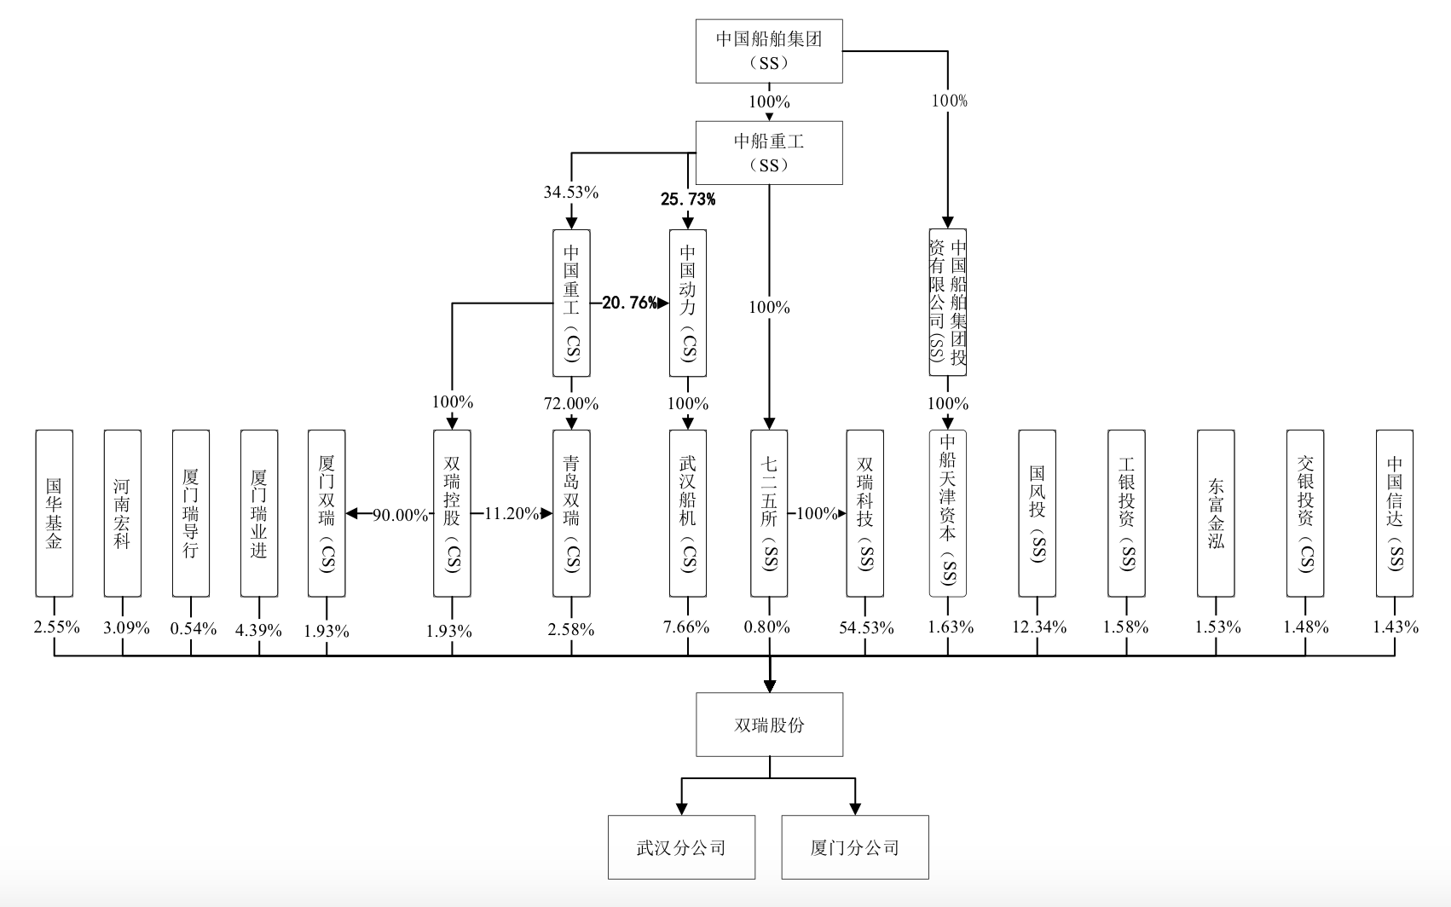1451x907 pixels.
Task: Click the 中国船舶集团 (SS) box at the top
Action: (x=769, y=51)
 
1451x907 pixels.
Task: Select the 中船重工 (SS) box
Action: (x=769, y=153)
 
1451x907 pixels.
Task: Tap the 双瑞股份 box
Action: (x=769, y=725)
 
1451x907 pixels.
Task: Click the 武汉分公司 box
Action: (x=681, y=847)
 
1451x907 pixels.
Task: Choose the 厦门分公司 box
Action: (x=855, y=847)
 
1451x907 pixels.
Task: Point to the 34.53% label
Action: (x=571, y=193)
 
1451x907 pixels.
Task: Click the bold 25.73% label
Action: (x=688, y=200)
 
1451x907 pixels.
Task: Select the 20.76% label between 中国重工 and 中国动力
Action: (x=629, y=303)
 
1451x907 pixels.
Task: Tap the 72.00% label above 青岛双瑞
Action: (x=571, y=403)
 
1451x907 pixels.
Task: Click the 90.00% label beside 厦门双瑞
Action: (x=400, y=514)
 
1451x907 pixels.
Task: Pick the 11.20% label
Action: (x=512, y=514)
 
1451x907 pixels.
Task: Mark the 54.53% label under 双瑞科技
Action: (x=865, y=628)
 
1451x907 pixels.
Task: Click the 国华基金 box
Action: (x=55, y=512)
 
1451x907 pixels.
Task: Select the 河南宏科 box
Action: (x=123, y=512)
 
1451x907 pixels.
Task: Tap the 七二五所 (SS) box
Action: (x=769, y=512)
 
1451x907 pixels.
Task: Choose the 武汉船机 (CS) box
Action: (x=688, y=512)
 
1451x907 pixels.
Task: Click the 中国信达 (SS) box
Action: (x=1395, y=512)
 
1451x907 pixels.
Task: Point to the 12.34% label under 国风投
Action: (x=1038, y=627)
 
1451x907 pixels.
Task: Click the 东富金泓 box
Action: (x=1216, y=512)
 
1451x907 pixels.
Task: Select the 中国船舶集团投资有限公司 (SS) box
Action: (x=948, y=302)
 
